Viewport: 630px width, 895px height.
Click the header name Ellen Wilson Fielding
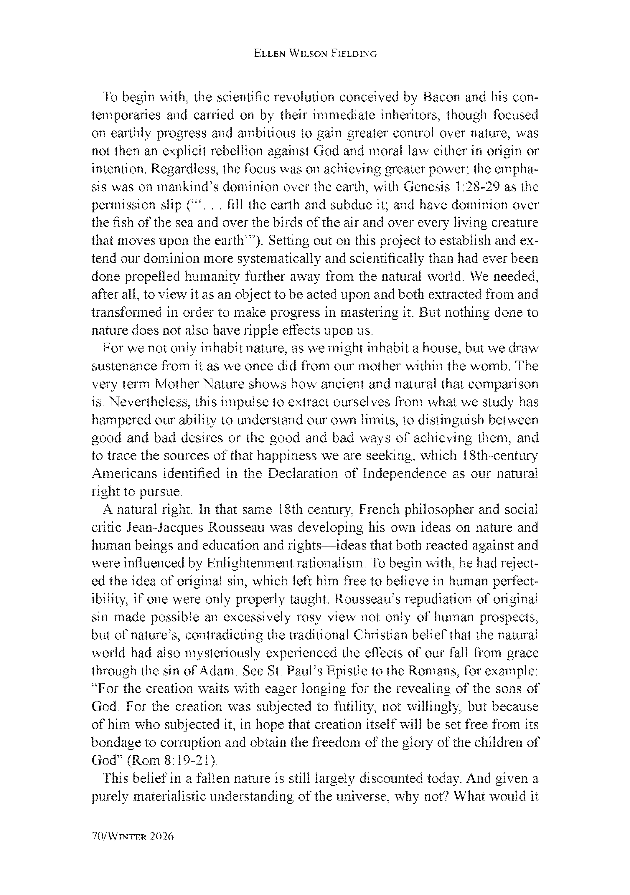click(315, 54)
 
